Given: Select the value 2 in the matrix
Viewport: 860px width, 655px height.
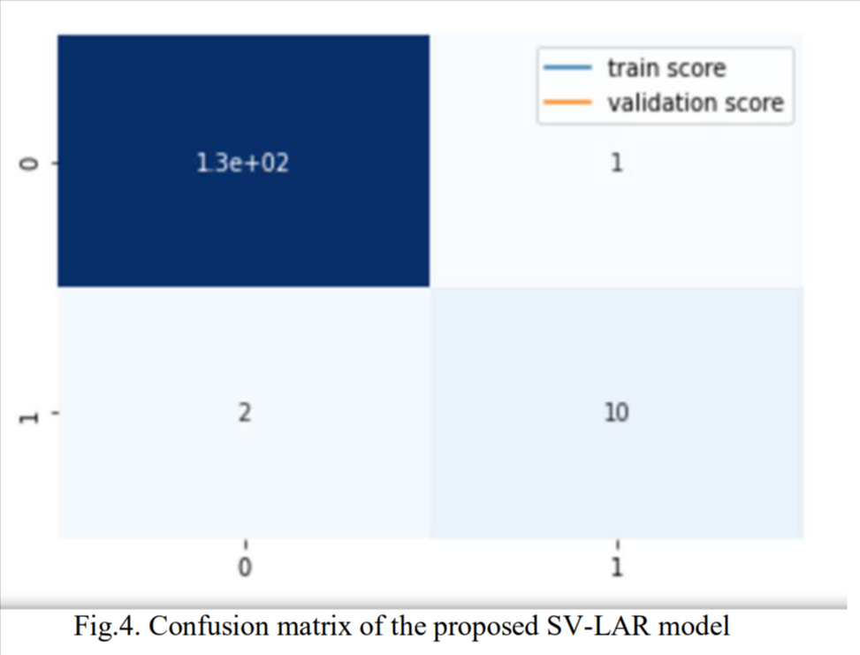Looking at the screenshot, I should tap(244, 412).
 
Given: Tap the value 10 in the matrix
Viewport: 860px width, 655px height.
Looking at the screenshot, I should tap(616, 412).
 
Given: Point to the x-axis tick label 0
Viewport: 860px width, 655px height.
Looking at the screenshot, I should tap(245, 567).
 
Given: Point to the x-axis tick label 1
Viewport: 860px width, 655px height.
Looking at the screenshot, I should tap(617, 567).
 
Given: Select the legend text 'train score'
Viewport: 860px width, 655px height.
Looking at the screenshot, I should tap(666, 68).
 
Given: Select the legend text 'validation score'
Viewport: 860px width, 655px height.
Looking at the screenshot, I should tap(695, 103).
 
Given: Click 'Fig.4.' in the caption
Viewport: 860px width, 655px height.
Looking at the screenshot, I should tap(103, 628).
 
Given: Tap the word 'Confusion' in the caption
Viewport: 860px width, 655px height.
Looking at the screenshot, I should tap(191, 628).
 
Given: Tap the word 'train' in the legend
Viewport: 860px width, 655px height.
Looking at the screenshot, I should tap(628, 68).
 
